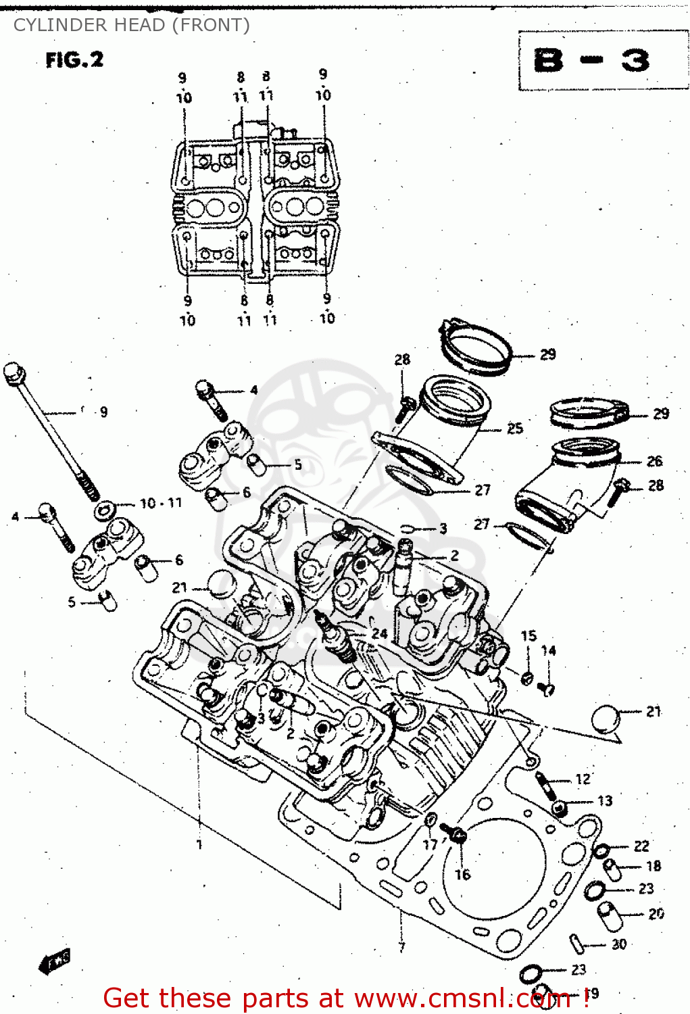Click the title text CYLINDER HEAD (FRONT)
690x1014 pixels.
(131, 25)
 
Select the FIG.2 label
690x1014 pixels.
(74, 60)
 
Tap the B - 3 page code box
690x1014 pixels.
(592, 61)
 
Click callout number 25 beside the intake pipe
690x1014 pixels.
(515, 428)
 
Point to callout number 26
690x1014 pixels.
(654, 461)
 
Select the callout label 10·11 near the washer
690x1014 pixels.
(161, 503)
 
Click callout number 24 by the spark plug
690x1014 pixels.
(379, 633)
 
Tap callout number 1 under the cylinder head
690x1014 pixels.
(199, 844)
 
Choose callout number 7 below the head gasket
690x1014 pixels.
(402, 947)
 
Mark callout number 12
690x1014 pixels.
(583, 779)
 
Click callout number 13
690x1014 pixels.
(604, 801)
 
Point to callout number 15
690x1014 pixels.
(528, 635)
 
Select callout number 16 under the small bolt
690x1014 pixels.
(462, 875)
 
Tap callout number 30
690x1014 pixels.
(619, 944)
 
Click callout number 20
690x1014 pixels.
(656, 914)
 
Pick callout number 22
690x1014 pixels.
(641, 846)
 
